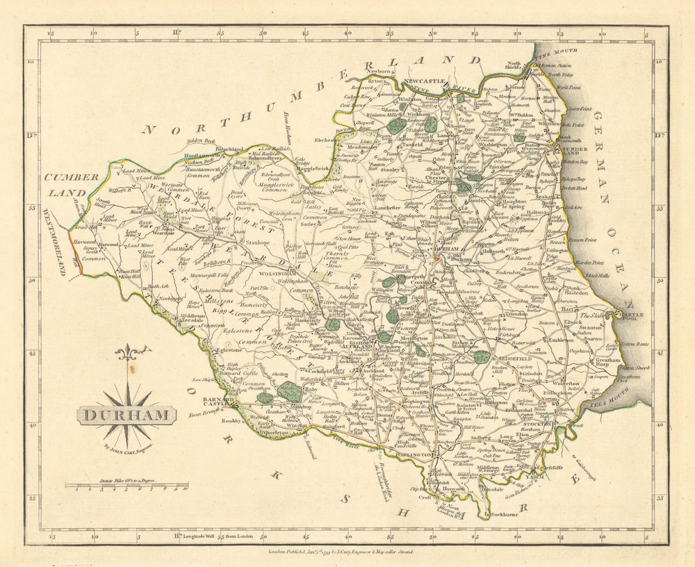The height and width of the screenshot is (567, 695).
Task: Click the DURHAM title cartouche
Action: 126,416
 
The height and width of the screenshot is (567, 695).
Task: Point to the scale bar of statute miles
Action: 127,486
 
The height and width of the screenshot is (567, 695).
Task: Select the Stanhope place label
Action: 256,244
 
